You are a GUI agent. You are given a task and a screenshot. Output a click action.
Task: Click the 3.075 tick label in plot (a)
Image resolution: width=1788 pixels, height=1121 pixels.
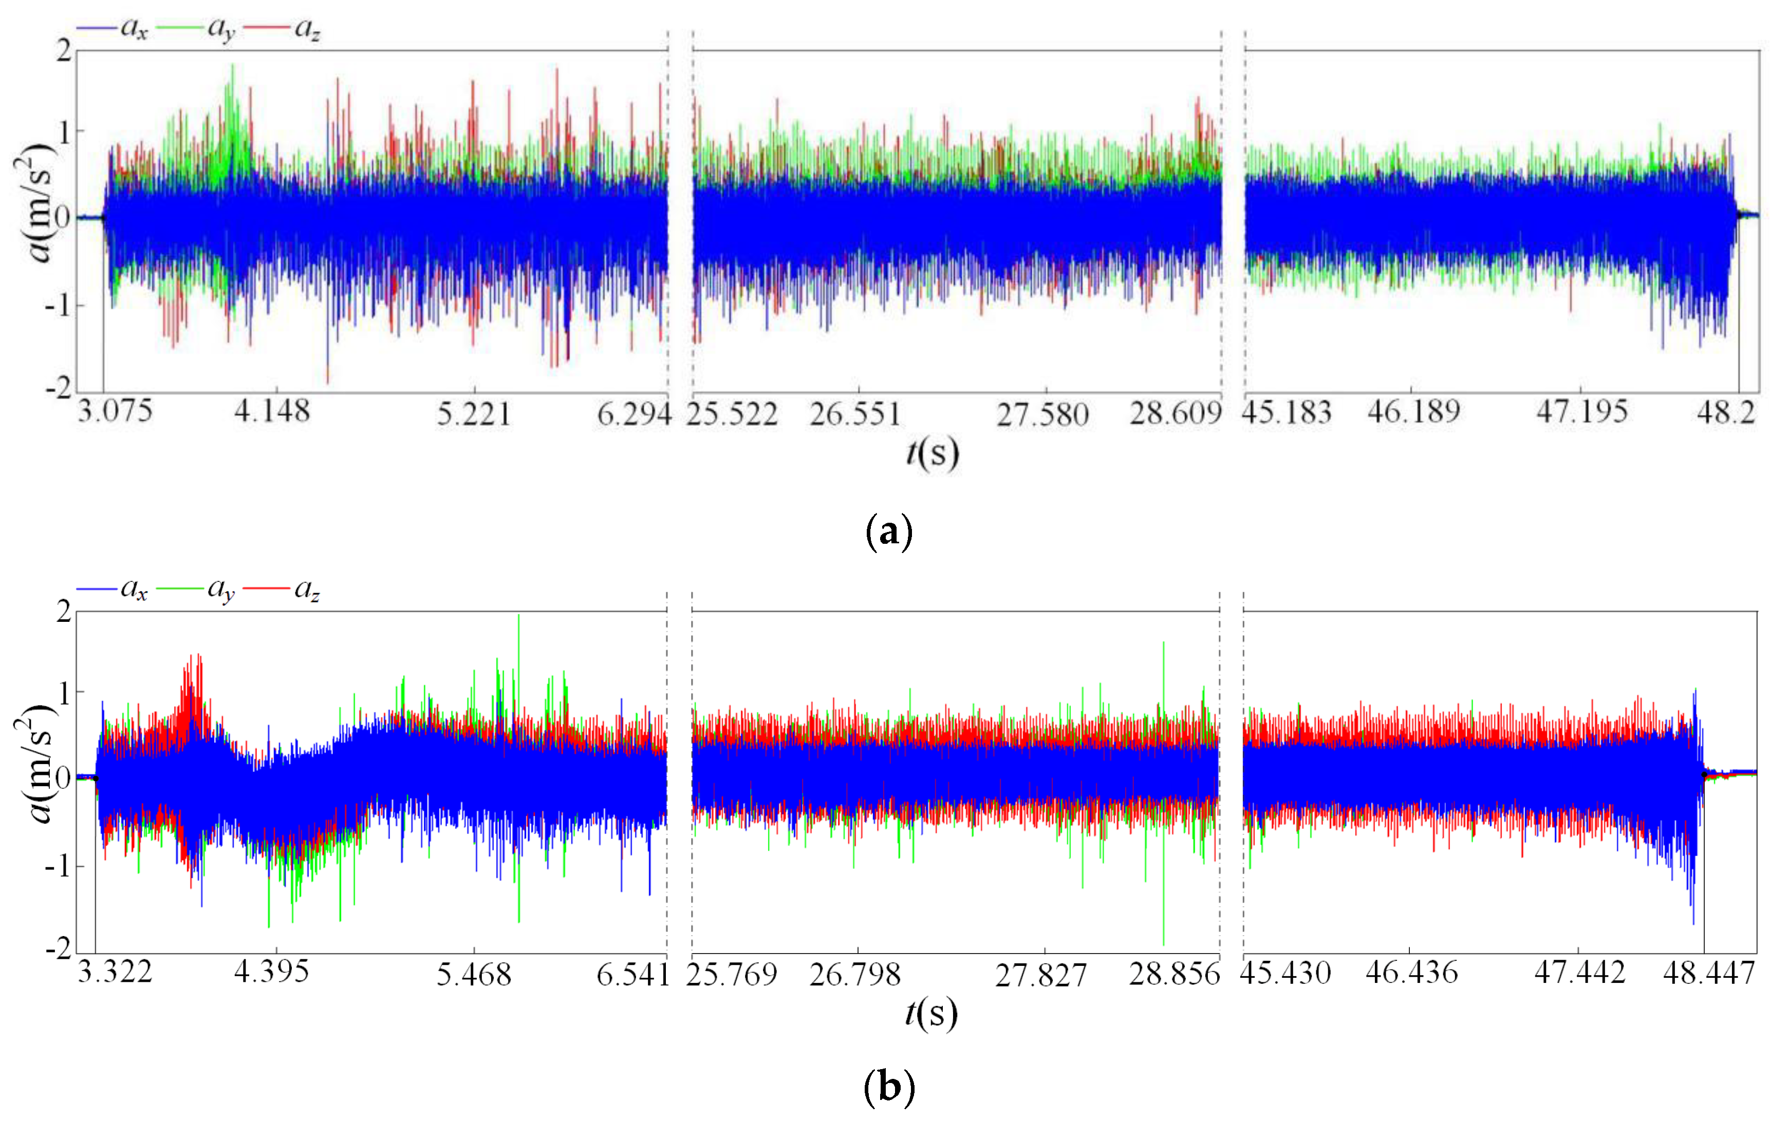[x=115, y=411]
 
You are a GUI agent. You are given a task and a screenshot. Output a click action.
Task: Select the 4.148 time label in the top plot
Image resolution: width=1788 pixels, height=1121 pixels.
[x=272, y=411]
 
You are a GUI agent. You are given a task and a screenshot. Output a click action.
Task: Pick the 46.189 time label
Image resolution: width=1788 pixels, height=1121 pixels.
[x=1413, y=411]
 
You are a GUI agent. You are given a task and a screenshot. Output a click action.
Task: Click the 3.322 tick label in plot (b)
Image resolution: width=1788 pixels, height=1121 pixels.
[x=115, y=971]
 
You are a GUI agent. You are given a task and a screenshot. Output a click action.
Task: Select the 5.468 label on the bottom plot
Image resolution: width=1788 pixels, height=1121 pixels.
[x=474, y=974]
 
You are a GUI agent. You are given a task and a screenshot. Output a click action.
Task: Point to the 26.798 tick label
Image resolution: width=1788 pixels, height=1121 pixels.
[x=855, y=974]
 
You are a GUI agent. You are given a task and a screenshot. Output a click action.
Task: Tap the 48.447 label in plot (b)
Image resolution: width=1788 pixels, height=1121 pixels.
[x=1709, y=973]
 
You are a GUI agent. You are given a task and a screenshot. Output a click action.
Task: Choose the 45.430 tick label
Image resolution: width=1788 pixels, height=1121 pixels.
[x=1285, y=973]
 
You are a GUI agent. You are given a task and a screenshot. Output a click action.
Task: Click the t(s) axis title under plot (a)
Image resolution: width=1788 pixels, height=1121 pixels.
[x=932, y=452]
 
